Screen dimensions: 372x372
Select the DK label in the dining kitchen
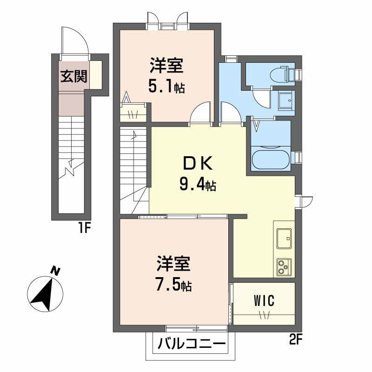pos(198,164)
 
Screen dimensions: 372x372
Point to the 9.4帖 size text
pos(198,186)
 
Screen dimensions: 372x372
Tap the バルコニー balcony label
pos(192,345)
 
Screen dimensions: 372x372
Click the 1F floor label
pos(86,228)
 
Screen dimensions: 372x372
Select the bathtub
pos(270,159)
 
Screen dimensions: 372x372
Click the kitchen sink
pos(284,239)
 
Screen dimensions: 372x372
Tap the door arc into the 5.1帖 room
pos(201,113)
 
